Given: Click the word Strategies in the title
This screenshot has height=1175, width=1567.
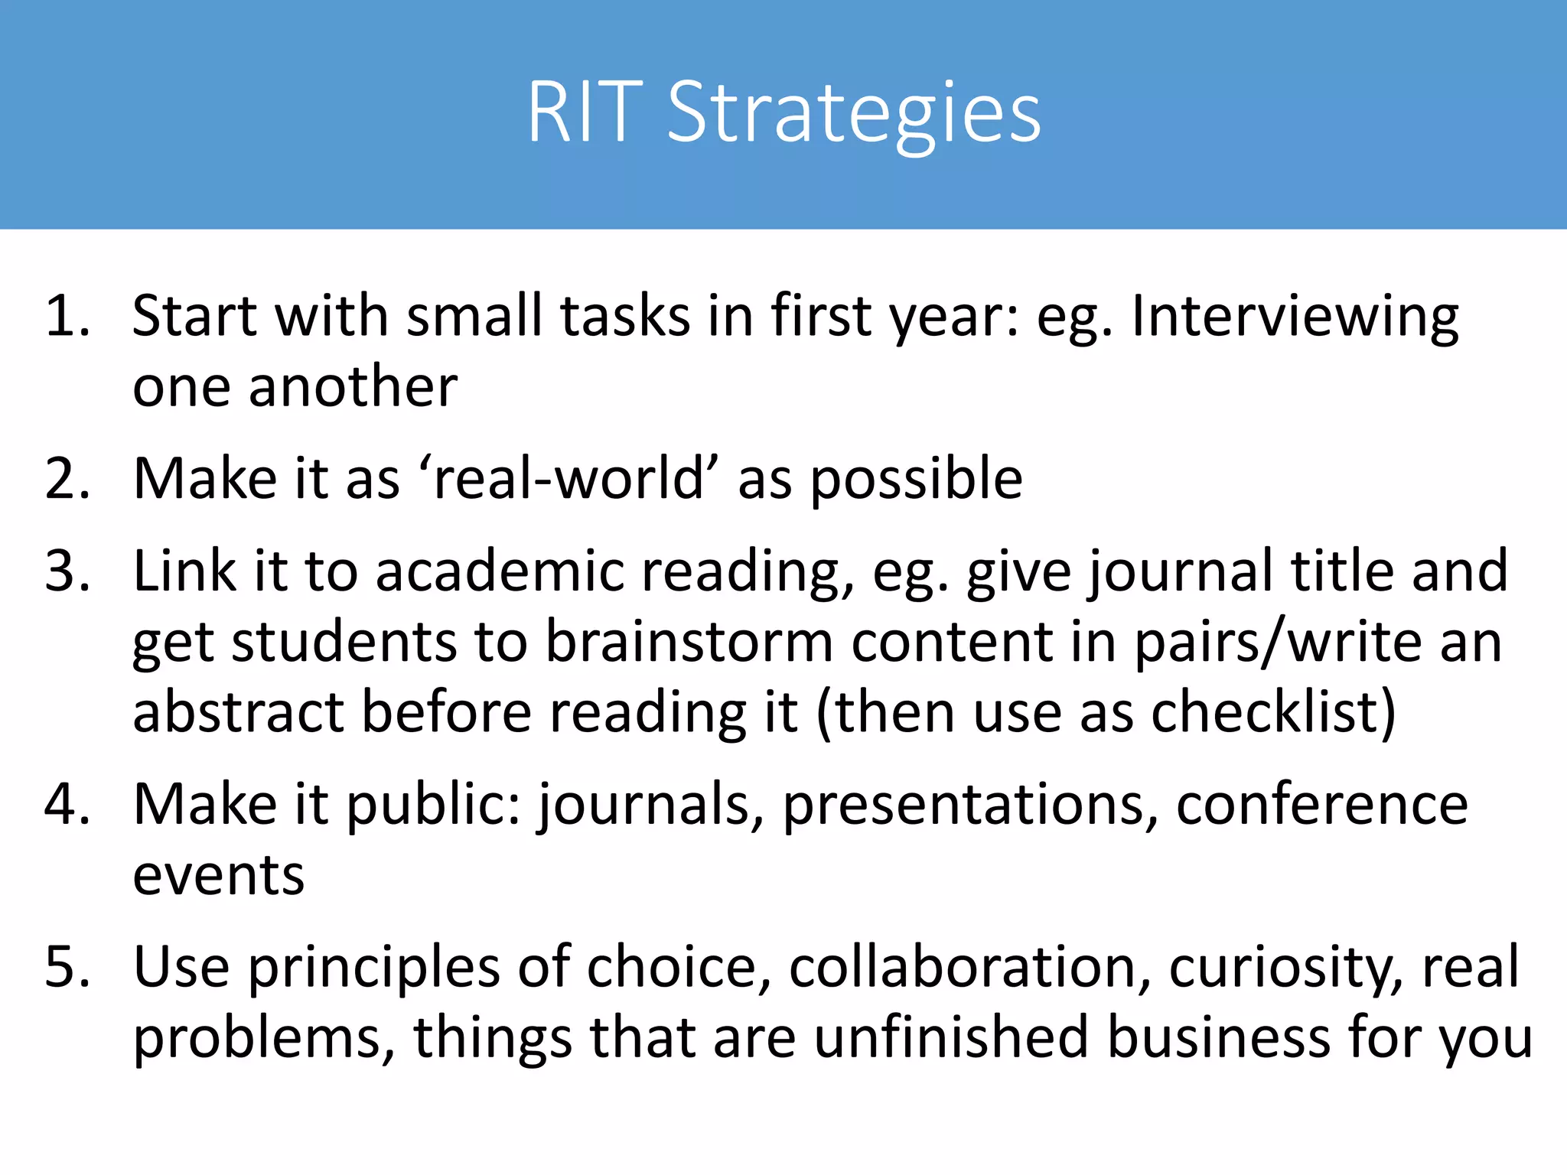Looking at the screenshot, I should coord(853,115).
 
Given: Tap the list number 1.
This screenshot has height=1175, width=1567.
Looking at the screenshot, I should coord(67,315).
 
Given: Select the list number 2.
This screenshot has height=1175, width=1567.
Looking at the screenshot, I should coord(67,479).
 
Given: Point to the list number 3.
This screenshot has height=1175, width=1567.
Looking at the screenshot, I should coord(67,571).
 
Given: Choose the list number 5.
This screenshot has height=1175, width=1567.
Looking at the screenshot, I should coord(67,967).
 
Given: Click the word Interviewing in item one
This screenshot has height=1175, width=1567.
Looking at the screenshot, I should coord(1295,317).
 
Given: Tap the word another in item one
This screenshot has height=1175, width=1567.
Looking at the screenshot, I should coord(353,386).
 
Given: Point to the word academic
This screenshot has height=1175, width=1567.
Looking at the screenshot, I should coord(500,571).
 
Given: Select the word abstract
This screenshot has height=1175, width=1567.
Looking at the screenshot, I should coord(238,711).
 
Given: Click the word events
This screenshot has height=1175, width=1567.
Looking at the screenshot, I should coord(218,875).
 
